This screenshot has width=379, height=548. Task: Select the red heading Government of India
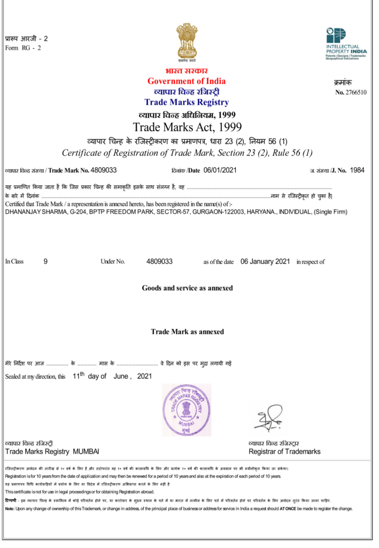[187, 81]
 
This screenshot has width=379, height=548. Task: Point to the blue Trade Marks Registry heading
[187, 102]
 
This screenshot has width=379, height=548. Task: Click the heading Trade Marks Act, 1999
[187, 127]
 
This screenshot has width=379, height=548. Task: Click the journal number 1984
[357, 170]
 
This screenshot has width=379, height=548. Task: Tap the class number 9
[45, 262]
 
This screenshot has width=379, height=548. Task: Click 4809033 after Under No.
[159, 262]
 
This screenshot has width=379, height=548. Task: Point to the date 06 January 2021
[265, 262]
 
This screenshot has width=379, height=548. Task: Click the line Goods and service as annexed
[187, 288]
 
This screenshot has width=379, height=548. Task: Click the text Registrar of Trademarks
[284, 452]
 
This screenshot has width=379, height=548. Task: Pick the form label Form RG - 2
[23, 48]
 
